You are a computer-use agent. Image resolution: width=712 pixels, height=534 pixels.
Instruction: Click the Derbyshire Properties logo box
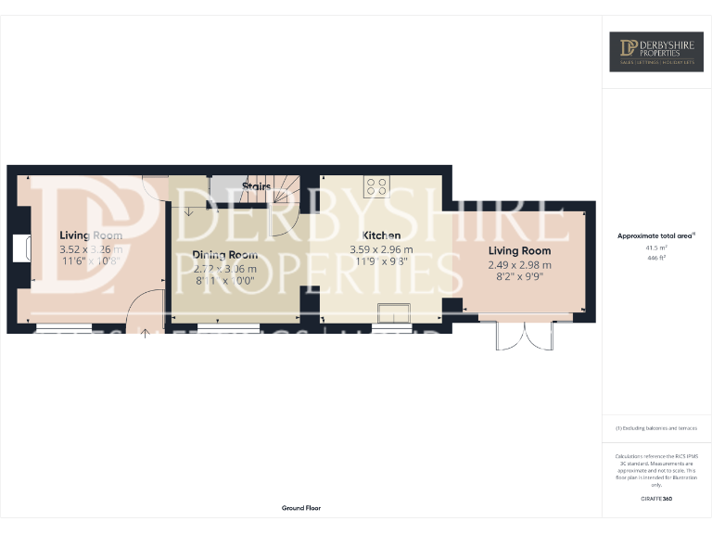coord(655,52)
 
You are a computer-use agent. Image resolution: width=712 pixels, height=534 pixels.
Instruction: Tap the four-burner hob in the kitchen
coord(376,186)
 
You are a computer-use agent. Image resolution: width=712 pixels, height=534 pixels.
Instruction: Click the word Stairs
coord(257,186)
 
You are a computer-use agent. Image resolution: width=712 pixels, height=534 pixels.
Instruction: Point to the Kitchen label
coord(381,235)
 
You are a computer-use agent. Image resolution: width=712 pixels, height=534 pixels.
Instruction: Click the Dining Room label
coord(225,255)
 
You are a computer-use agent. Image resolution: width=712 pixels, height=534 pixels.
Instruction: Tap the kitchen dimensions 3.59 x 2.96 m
coord(381,249)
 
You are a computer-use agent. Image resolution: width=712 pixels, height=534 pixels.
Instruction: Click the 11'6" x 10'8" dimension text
coord(91,263)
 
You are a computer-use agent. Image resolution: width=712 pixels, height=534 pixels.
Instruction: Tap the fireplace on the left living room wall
coord(22,248)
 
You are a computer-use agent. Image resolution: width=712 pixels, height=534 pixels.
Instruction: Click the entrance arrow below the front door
coord(145,330)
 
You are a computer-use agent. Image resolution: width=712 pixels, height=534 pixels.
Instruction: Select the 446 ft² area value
coord(655,260)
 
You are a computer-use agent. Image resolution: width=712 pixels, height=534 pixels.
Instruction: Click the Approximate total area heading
coord(655,236)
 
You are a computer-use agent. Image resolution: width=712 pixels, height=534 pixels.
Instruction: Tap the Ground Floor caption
coord(301,508)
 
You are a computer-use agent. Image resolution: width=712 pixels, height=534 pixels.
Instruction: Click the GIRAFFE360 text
coord(655,500)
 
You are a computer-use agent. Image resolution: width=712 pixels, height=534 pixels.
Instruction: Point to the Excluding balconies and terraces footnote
coord(655,427)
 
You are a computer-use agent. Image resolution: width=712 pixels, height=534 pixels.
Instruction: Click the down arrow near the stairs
coord(189,211)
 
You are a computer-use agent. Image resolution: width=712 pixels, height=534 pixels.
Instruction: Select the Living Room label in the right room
coord(519,250)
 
